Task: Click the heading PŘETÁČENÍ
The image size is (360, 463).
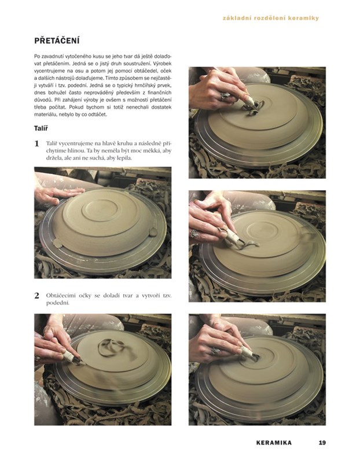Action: click(57, 41)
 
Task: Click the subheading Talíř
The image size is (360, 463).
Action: click(41, 128)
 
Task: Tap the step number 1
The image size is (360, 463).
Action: click(36, 144)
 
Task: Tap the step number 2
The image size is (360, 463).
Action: click(36, 296)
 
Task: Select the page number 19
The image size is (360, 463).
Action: click(322, 443)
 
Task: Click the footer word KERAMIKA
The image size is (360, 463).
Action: click(274, 443)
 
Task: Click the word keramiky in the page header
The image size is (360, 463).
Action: click(306, 19)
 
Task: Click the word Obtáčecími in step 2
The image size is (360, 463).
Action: click(60, 296)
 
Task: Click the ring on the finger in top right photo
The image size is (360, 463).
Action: click(225, 96)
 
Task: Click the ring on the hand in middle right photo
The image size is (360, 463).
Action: click(194, 233)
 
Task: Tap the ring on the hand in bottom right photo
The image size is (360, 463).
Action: click(215, 351)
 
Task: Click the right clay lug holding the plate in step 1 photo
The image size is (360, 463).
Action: click(153, 232)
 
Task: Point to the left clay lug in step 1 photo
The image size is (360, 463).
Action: click(57, 243)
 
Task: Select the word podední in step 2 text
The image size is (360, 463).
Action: click(57, 303)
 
